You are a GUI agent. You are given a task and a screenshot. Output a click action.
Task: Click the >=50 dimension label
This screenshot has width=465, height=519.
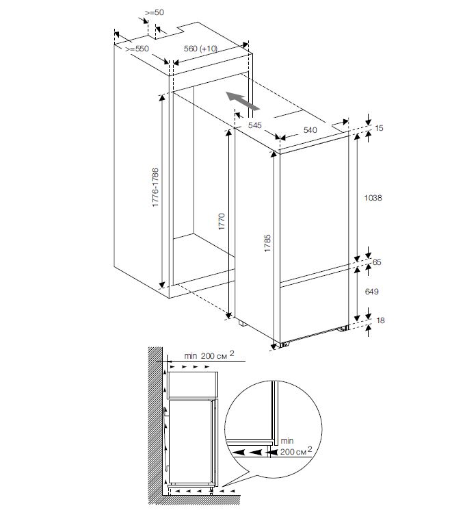click(x=155, y=12)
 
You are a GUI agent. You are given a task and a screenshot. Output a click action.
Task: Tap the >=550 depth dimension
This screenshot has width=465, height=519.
click(x=137, y=49)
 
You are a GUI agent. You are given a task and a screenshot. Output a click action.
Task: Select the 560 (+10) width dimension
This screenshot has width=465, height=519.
click(x=200, y=49)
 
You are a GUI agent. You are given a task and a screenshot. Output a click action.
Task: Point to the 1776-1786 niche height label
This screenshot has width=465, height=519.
click(x=155, y=188)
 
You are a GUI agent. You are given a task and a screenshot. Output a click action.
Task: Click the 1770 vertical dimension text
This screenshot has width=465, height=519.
click(x=222, y=221)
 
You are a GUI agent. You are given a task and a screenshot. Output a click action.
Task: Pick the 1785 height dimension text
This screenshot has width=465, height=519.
click(x=267, y=243)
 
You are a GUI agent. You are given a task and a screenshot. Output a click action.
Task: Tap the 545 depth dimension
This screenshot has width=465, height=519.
click(x=255, y=125)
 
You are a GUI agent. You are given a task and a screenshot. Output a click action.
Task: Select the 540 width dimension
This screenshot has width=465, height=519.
click(x=310, y=130)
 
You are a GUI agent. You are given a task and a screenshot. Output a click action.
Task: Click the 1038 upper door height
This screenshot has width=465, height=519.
click(x=373, y=198)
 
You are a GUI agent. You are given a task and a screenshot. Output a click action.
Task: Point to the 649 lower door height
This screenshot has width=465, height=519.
click(x=371, y=291)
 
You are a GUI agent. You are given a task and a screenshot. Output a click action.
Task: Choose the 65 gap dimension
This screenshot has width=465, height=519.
click(x=377, y=262)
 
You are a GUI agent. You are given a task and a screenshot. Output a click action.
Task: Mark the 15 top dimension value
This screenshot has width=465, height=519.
click(x=379, y=128)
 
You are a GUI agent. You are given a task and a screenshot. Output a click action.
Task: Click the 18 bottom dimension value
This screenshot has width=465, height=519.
click(x=380, y=320)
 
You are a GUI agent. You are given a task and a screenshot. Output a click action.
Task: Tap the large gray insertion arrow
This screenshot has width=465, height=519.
click(x=243, y=101)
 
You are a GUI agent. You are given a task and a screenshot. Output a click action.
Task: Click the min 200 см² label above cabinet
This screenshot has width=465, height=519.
click(x=209, y=355)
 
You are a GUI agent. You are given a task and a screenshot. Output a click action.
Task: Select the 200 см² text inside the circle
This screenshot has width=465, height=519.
click(x=296, y=451)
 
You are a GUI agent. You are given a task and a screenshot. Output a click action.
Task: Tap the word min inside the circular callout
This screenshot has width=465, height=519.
click(x=287, y=441)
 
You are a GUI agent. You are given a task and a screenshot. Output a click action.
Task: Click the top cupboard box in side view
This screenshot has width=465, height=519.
click(x=193, y=385)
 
